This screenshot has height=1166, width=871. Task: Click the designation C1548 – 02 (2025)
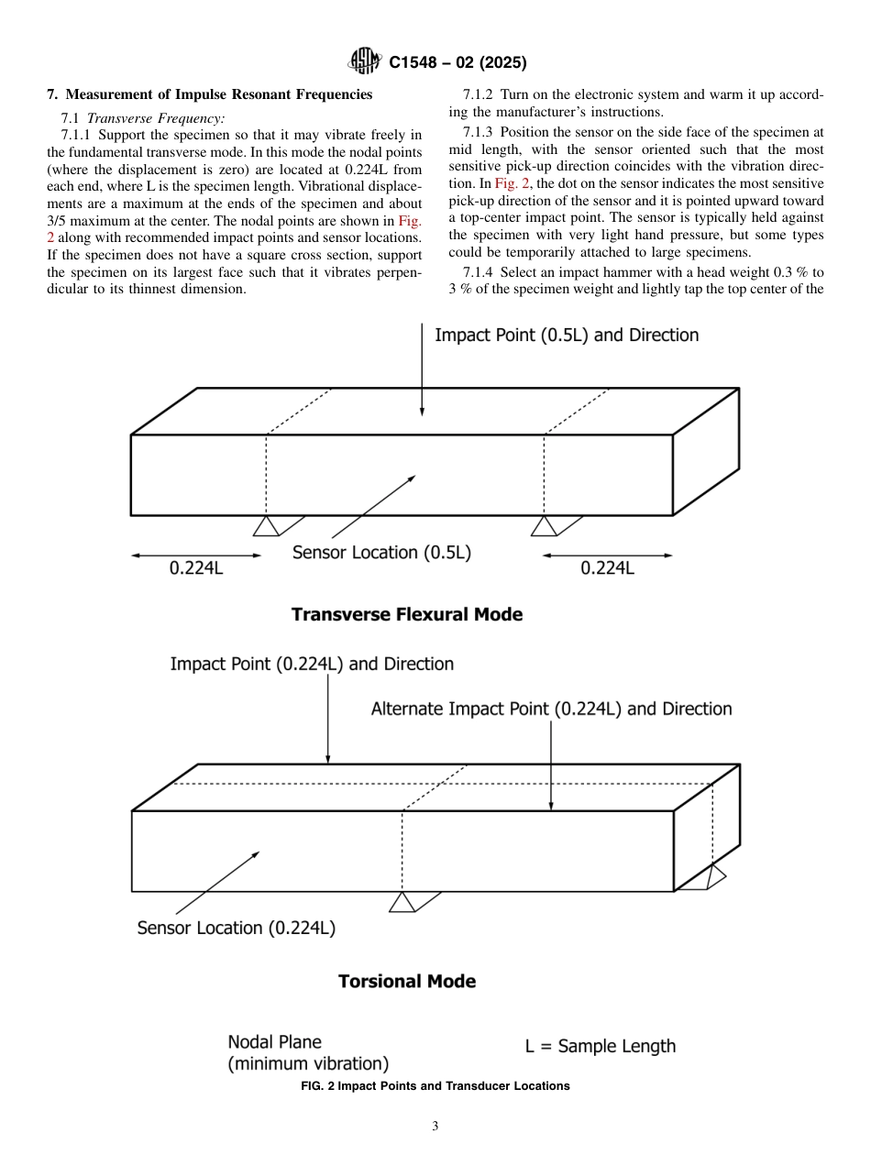point(458,63)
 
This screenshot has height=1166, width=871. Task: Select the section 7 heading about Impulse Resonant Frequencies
point(209,94)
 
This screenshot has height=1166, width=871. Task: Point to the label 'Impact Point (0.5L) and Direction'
point(566,335)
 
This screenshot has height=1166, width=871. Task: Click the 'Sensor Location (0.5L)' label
point(381,553)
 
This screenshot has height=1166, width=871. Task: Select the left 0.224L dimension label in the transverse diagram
point(196,568)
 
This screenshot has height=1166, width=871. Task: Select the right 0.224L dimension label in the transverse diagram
point(607,568)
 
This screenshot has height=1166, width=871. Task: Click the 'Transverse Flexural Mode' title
point(406,615)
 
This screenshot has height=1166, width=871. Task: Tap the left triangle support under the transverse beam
point(266,526)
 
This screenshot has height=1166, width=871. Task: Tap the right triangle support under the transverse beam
point(544,526)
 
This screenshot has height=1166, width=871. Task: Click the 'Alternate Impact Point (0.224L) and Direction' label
point(551,709)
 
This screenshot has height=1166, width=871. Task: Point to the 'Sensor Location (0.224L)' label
point(236,929)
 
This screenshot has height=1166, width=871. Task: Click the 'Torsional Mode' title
point(406,982)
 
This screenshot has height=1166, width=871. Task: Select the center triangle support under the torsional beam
point(402,902)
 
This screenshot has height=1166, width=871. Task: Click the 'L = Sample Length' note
point(600,1047)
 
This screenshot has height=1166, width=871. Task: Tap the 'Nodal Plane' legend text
point(274,1042)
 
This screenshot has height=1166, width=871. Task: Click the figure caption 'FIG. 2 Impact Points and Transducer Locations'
point(435,1086)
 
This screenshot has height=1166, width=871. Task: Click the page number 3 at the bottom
point(435,1127)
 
